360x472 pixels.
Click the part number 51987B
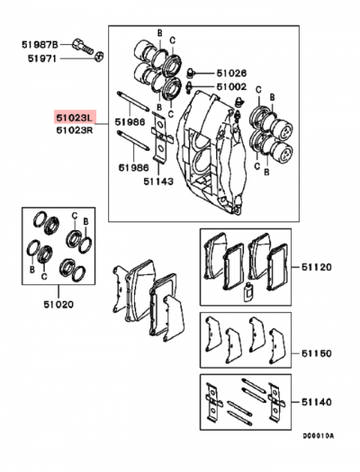click(41, 43)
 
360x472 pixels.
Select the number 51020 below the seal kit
click(57, 305)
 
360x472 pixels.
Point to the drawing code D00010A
click(317, 461)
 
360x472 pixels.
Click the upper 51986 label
click(130, 122)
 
